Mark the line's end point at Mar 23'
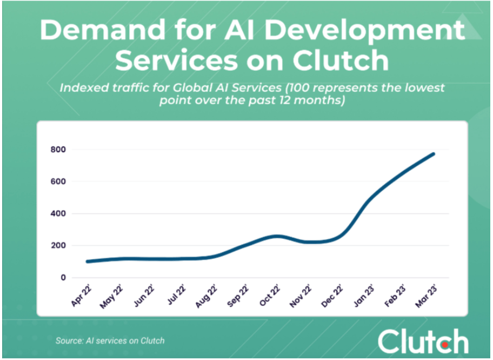(x=434, y=154)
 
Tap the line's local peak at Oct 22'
(x=276, y=236)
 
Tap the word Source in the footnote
(x=69, y=341)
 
